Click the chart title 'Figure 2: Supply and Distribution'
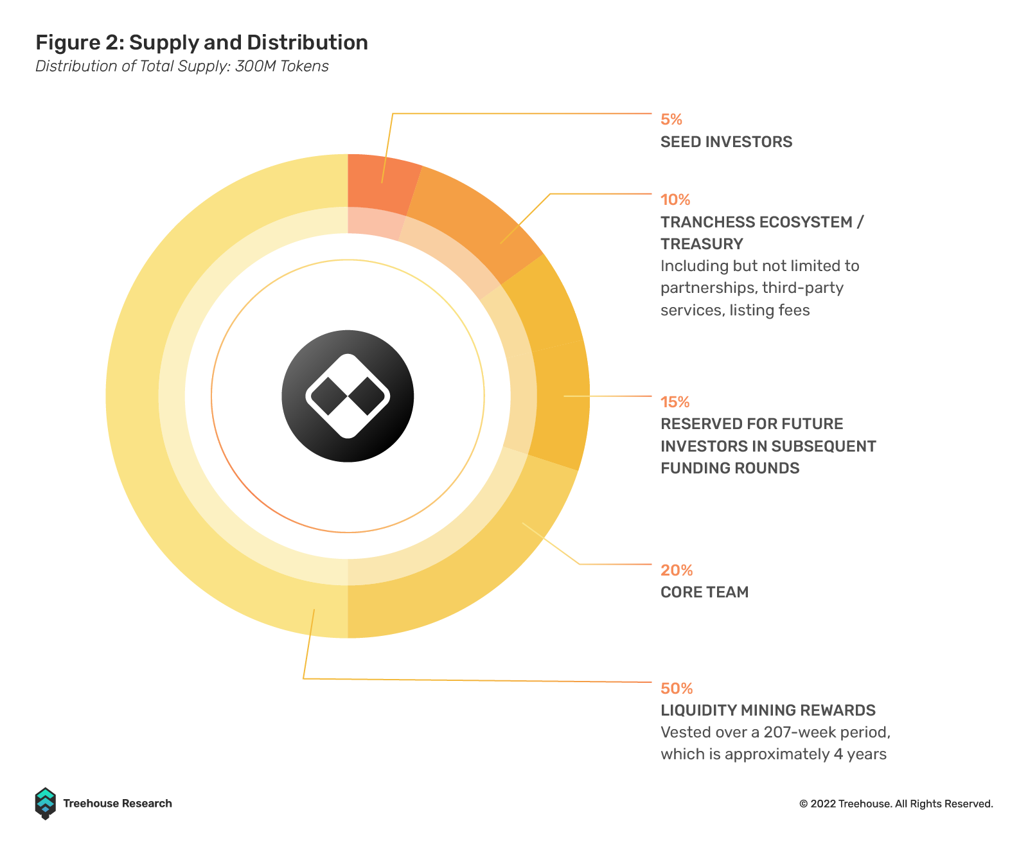tap(201, 43)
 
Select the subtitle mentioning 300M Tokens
tap(182, 66)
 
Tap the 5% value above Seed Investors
tap(671, 119)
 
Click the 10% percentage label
tap(675, 200)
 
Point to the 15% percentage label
tap(675, 402)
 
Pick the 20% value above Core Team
tap(677, 570)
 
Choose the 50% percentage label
tap(677, 689)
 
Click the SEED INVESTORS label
tap(726, 142)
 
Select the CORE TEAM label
tap(704, 592)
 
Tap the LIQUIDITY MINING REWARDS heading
tap(768, 710)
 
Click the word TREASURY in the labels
tap(702, 244)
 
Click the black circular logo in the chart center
tap(348, 396)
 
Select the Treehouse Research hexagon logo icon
tap(46, 804)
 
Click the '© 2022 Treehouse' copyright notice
tap(896, 804)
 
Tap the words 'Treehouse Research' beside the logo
tap(118, 804)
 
